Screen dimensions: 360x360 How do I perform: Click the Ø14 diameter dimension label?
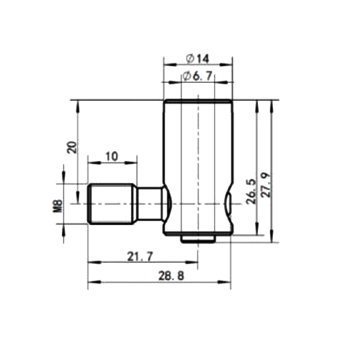tap(198, 59)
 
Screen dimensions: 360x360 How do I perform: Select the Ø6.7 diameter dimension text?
tap(198, 76)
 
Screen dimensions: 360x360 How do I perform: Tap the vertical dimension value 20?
tap(72, 147)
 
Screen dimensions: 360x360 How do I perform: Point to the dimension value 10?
tap(112, 157)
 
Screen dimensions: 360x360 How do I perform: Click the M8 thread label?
tap(58, 206)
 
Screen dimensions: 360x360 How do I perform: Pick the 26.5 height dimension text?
tap(251, 191)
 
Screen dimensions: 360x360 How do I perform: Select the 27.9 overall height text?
tap(266, 185)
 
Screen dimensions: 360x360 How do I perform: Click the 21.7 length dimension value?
tap(140, 256)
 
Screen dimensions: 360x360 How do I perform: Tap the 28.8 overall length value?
tap(171, 276)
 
